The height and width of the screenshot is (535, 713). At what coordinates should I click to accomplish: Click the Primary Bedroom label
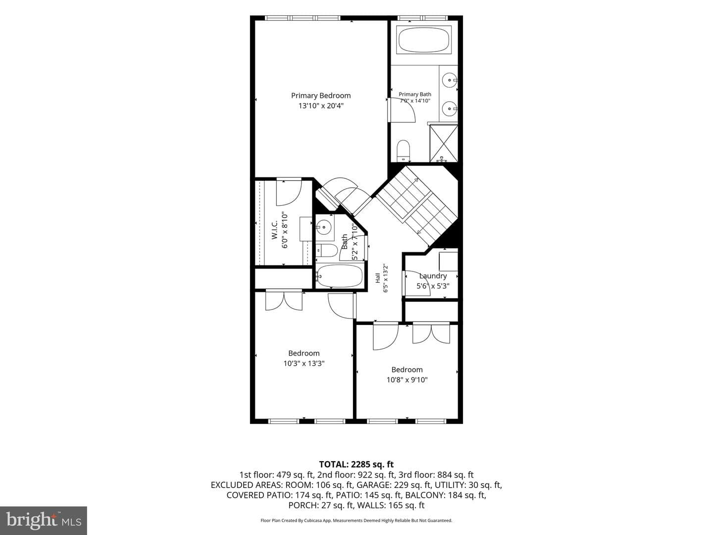pyautogui.click(x=321, y=96)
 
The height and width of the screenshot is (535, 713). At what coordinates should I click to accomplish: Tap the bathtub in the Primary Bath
pyautogui.click(x=424, y=40)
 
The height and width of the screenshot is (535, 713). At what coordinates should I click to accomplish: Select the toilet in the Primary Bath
pyautogui.click(x=404, y=151)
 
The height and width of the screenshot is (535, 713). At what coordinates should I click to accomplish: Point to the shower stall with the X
pyautogui.click(x=443, y=143)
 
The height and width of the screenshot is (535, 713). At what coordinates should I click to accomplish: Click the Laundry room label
pyautogui.click(x=433, y=276)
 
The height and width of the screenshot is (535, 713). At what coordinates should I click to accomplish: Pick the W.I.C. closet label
pyautogui.click(x=274, y=230)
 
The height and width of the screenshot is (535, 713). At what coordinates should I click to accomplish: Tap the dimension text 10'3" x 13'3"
pyautogui.click(x=304, y=363)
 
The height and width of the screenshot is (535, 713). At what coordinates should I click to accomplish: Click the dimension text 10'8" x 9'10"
pyautogui.click(x=407, y=379)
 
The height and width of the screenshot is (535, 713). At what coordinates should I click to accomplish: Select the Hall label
pyautogui.click(x=378, y=278)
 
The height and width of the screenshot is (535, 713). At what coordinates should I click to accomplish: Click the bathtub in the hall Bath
pyautogui.click(x=340, y=276)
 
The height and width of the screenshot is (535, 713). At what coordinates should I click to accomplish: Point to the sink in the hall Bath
pyautogui.click(x=324, y=227)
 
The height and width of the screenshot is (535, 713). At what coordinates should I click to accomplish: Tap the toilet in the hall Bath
pyautogui.click(x=327, y=251)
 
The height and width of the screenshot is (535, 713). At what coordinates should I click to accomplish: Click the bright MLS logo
pyautogui.click(x=44, y=520)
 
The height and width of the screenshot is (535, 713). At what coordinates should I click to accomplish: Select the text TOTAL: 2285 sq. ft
pyautogui.click(x=356, y=465)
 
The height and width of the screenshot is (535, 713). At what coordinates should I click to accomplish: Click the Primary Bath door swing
pyautogui.click(x=402, y=110)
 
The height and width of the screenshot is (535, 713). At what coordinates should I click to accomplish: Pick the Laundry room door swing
pyautogui.click(x=417, y=283)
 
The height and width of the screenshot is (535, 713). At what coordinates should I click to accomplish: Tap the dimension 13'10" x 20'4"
pyautogui.click(x=321, y=106)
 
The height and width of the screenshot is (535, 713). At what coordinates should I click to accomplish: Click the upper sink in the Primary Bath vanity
pyautogui.click(x=450, y=80)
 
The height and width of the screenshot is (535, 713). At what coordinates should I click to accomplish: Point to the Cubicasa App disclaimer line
pyautogui.click(x=356, y=520)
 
